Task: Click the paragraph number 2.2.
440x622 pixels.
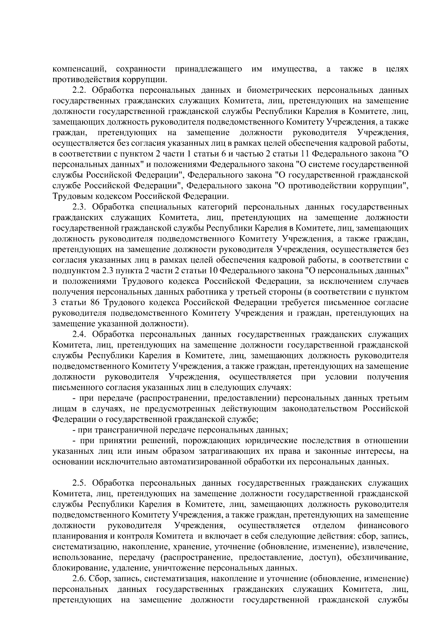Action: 80,90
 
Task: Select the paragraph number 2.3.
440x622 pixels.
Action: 80,207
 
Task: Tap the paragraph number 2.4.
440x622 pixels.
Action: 80,334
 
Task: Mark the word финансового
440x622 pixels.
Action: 383,526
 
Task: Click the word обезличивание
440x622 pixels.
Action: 383,557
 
